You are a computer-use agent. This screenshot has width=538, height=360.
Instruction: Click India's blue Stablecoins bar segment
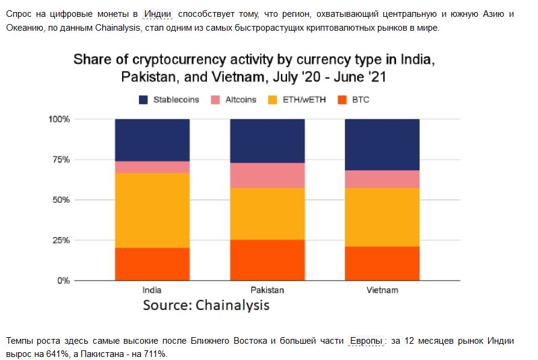(152, 140)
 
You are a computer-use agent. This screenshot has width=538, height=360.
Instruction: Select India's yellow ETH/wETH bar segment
(152, 210)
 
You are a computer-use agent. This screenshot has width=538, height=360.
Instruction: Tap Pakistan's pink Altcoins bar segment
(267, 175)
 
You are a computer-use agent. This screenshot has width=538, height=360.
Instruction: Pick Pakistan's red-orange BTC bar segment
(267, 259)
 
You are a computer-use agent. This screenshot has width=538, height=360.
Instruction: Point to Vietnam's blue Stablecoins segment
(382, 144)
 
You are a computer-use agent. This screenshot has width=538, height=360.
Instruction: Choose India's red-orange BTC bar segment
(152, 264)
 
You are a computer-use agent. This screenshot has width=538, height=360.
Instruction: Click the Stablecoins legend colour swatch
(143, 99)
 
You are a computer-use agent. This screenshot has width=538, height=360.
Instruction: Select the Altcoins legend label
(241, 99)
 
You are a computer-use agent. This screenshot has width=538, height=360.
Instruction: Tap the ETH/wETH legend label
(305, 99)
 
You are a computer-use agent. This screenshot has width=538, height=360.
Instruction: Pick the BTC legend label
(360, 99)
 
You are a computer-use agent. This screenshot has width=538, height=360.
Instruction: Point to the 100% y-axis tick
(59, 119)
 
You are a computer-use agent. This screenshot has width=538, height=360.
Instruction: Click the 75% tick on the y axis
(61, 160)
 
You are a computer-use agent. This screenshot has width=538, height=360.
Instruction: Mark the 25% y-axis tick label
(61, 240)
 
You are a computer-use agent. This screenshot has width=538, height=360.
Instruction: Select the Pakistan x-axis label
(267, 290)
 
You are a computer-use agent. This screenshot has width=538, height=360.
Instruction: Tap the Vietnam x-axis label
(382, 290)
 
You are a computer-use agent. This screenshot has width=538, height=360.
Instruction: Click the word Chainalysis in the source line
(233, 305)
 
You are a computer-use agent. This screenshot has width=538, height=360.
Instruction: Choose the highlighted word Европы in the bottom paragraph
(366, 341)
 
